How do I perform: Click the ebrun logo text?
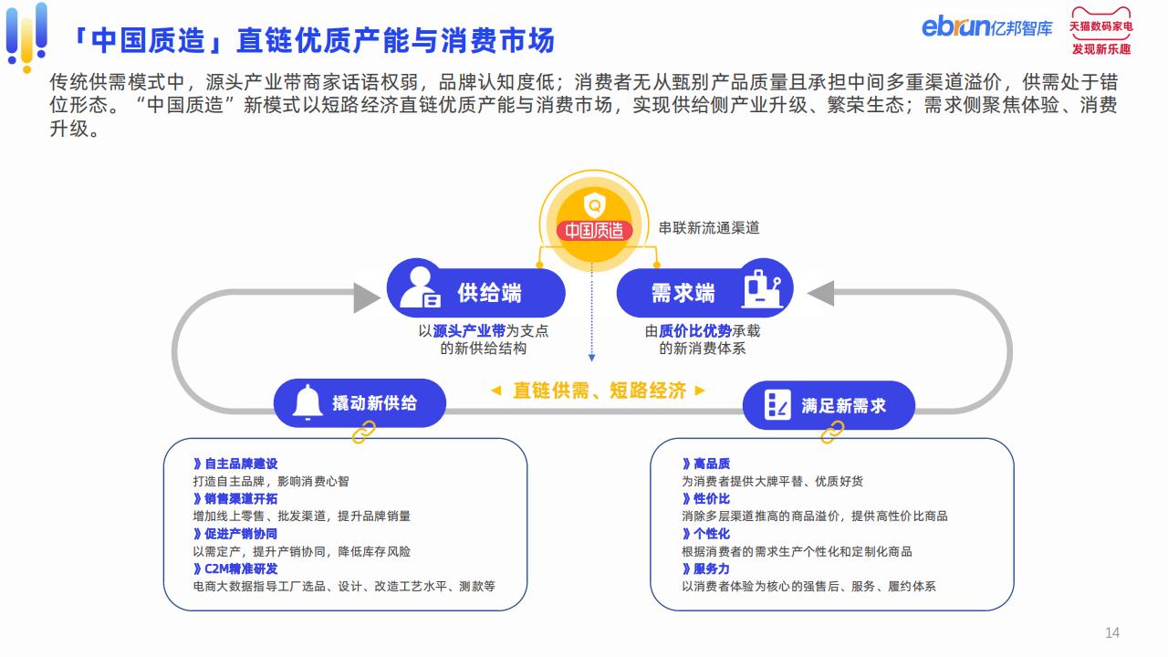(x=955, y=26)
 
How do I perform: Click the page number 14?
(x=1112, y=632)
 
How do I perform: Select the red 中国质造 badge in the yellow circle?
(x=594, y=230)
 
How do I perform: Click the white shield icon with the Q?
(x=594, y=205)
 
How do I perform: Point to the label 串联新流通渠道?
(x=709, y=228)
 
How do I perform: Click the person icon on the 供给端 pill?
(x=420, y=287)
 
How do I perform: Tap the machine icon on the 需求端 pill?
(x=762, y=289)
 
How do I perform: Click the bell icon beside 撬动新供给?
(x=308, y=401)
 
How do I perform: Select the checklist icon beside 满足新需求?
(x=777, y=404)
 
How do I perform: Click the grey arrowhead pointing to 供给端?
(x=367, y=297)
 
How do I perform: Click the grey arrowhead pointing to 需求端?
(x=820, y=294)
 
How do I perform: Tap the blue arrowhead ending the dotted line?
(x=592, y=358)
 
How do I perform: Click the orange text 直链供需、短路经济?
(x=600, y=390)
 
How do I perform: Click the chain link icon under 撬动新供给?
(x=364, y=433)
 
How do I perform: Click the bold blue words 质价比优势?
(x=695, y=330)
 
